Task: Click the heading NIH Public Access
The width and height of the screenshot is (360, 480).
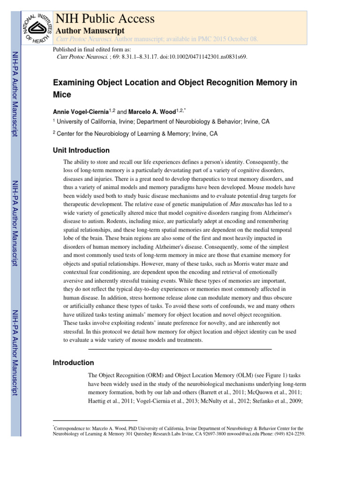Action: click(105, 19)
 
